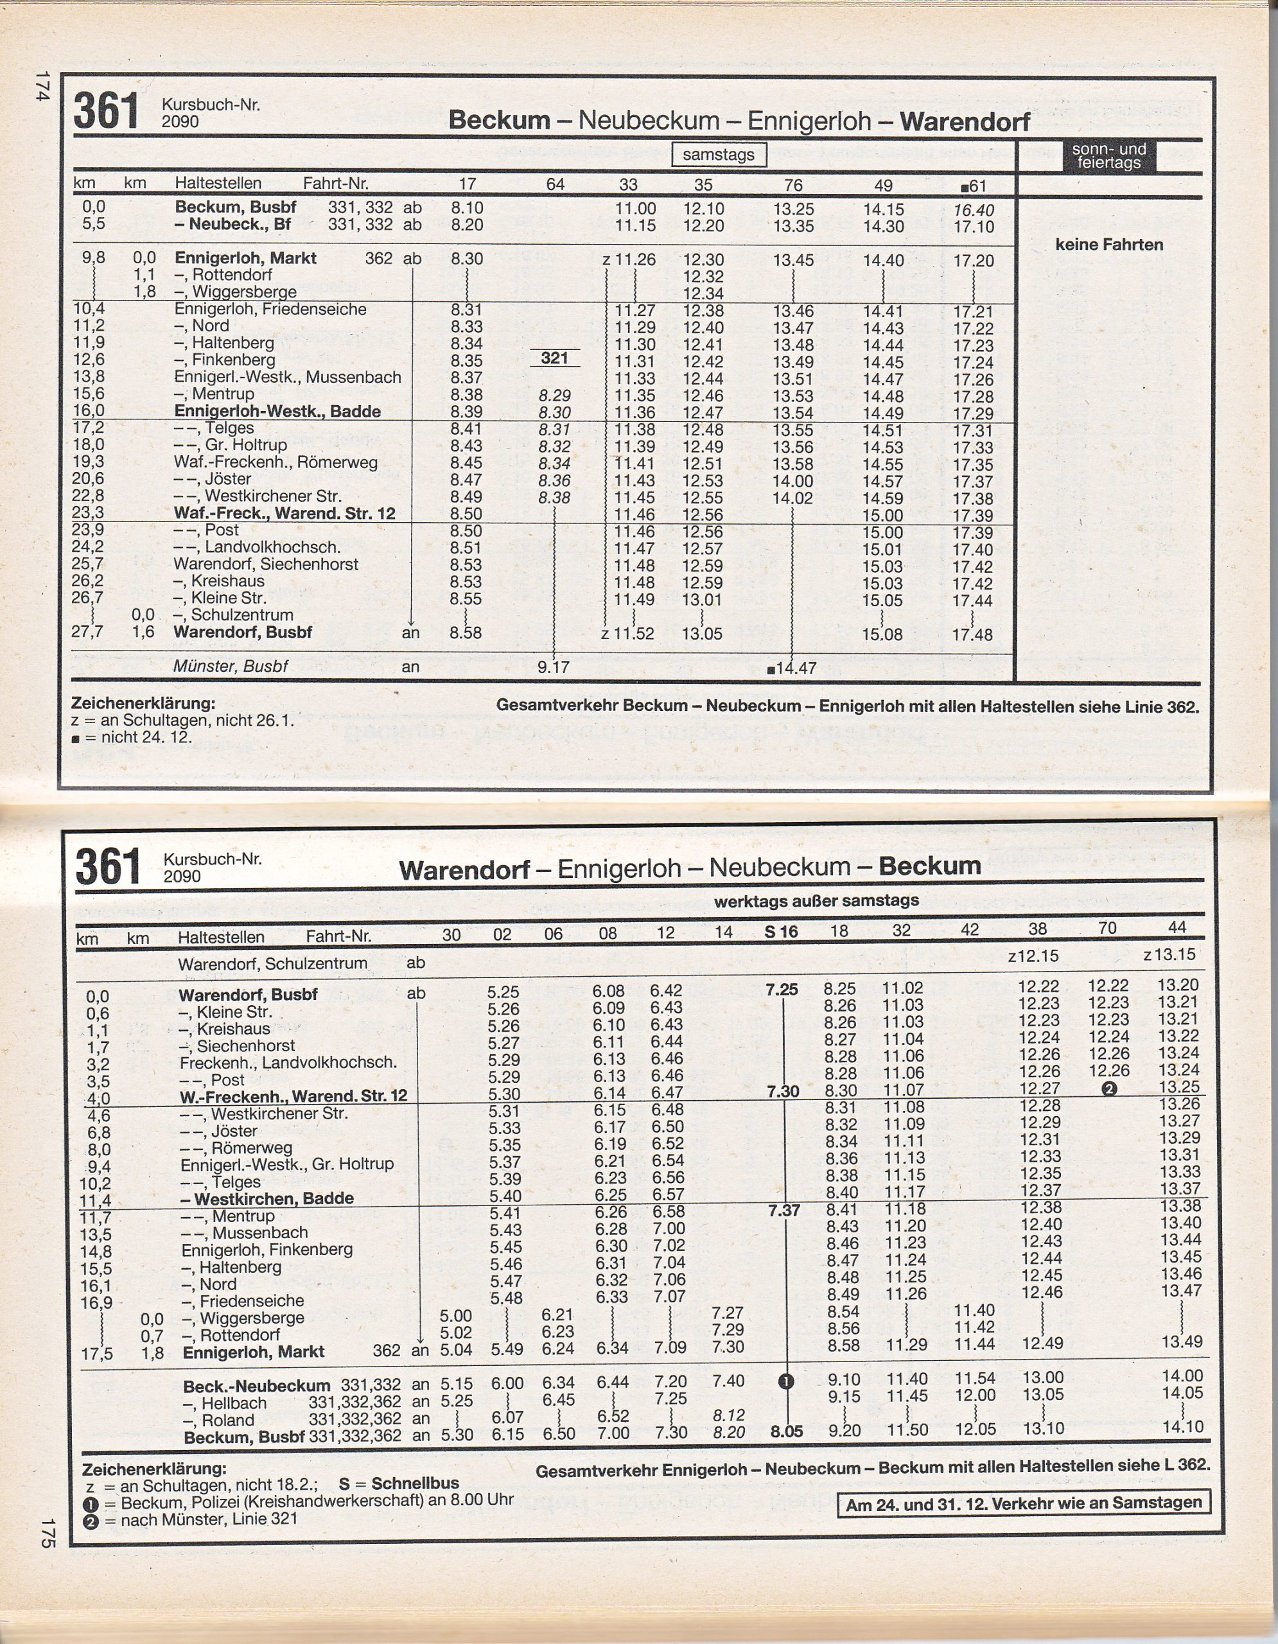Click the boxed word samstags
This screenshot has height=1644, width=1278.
click(718, 155)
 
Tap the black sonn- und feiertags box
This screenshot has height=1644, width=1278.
click(1108, 156)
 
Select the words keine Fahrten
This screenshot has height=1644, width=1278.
click(1108, 245)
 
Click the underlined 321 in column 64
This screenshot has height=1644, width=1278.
click(554, 358)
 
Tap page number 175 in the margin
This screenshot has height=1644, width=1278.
click(47, 1533)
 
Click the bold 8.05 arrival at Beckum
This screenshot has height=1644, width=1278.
click(786, 1431)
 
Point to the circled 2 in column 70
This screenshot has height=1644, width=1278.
click(1108, 1089)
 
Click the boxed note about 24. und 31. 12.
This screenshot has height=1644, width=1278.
click(1024, 1503)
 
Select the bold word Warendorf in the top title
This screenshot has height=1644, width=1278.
click(965, 121)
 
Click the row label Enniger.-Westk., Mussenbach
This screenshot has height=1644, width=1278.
click(288, 377)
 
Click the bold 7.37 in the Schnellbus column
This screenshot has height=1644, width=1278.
click(783, 1211)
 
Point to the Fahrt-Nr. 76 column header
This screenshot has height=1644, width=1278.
click(792, 185)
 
